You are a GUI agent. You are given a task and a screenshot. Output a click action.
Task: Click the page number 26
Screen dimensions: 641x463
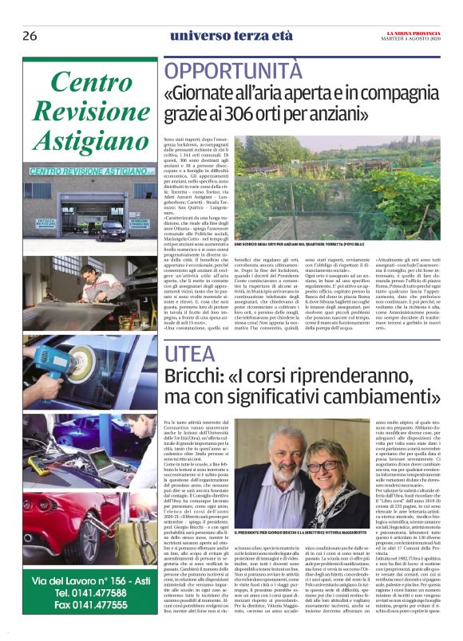[x=30, y=36]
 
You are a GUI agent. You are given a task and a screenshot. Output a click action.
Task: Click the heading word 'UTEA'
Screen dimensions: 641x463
[x=187, y=352]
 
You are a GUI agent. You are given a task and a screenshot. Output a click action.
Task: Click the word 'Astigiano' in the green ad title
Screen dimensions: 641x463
[x=90, y=137]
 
